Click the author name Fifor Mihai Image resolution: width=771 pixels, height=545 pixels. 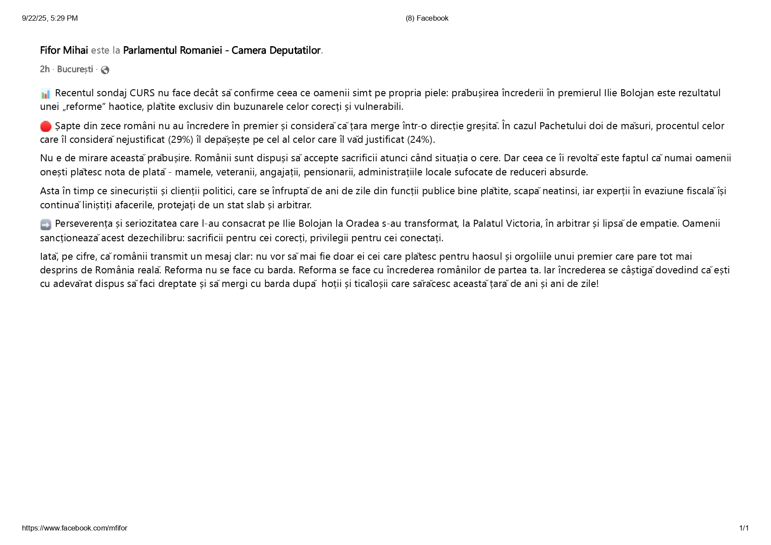[x=64, y=51]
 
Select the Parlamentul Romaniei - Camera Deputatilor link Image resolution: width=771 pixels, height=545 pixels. [x=222, y=51]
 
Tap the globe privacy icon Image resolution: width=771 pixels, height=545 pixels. [x=105, y=70]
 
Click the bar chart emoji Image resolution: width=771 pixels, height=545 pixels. [x=45, y=94]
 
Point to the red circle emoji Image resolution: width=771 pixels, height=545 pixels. [x=46, y=127]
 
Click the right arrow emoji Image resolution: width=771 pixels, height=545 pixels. [x=46, y=225]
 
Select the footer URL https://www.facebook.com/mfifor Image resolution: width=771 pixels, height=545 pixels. [x=75, y=528]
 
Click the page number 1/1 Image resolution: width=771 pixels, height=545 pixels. [x=744, y=528]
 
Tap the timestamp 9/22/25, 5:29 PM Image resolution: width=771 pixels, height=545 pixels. [x=50, y=18]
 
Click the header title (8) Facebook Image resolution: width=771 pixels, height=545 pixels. [x=427, y=18]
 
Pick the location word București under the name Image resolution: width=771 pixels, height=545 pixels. [x=75, y=69]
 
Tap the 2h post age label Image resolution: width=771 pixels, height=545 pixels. [x=44, y=69]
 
